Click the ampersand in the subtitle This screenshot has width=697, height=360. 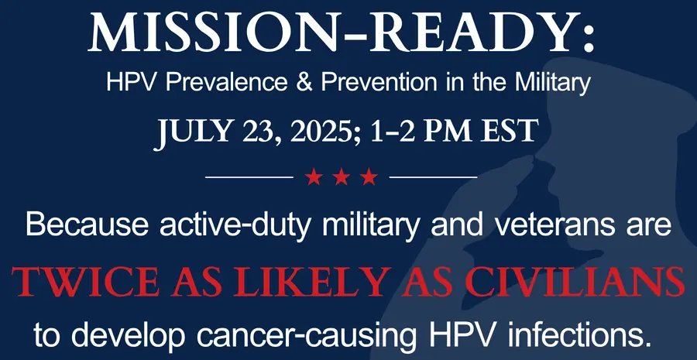click(x=303, y=83)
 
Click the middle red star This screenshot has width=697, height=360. click(x=341, y=177)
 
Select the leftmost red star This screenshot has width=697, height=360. click(x=314, y=177)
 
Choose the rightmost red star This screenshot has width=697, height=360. click(x=369, y=177)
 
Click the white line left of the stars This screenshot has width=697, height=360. click(x=249, y=177)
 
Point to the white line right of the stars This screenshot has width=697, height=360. click(x=433, y=177)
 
